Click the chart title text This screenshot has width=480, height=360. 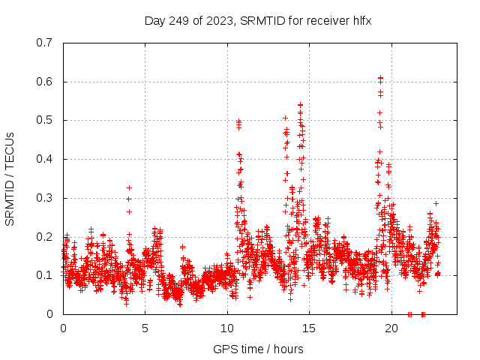[258, 20]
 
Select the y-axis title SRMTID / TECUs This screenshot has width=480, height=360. [10, 178]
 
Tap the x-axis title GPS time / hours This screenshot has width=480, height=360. [258, 349]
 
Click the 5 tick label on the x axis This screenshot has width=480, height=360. [145, 328]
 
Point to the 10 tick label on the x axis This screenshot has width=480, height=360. [227, 328]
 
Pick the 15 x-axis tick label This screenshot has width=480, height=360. [310, 328]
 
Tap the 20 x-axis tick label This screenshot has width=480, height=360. [391, 328]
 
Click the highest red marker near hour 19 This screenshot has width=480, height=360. [380, 78]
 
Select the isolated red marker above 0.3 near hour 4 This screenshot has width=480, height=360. [129, 187]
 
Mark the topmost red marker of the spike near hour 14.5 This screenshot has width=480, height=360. [300, 105]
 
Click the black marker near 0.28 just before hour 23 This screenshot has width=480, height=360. [436, 203]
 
